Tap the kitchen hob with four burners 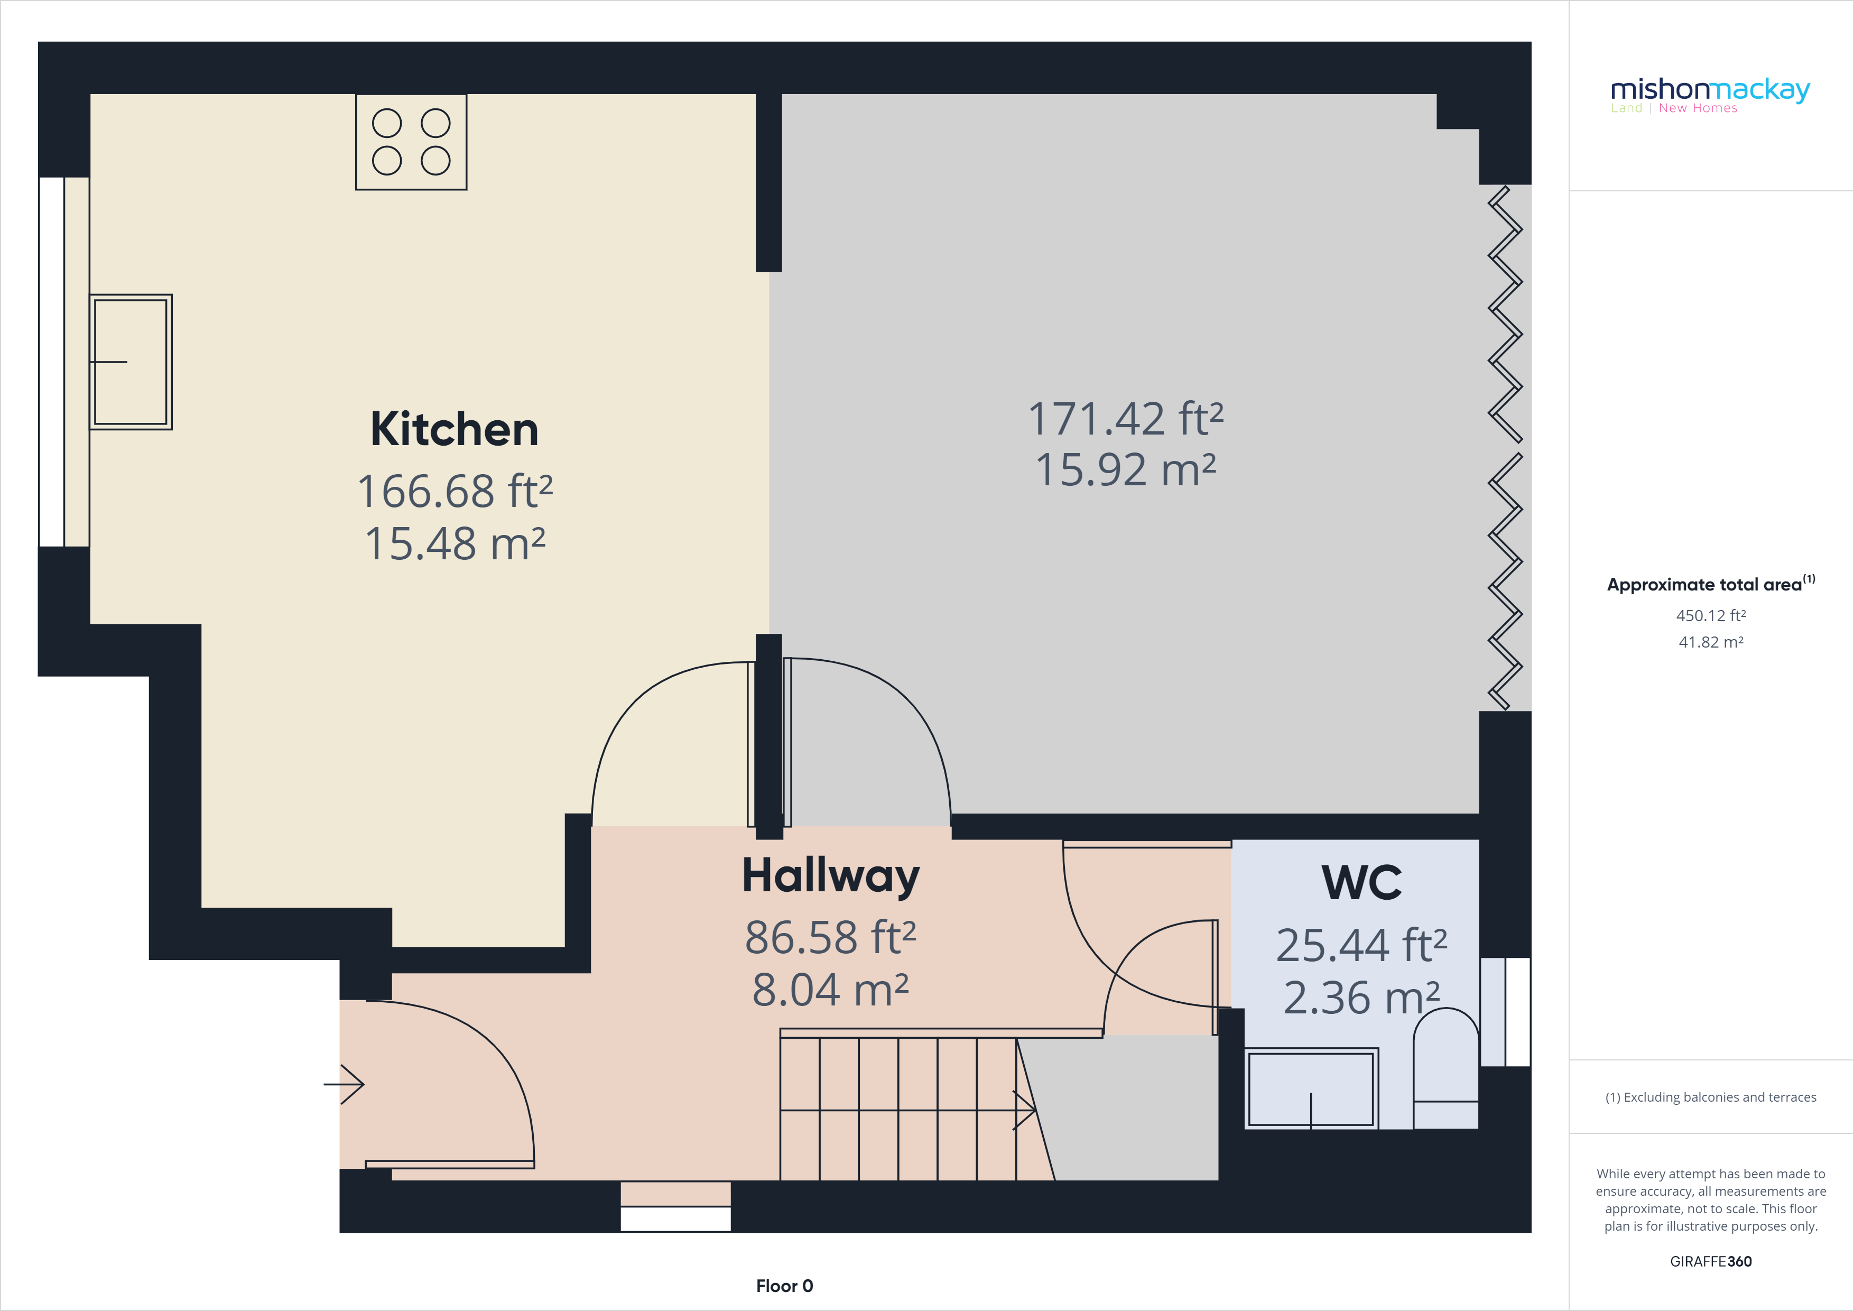click(411, 142)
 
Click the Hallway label click(830, 876)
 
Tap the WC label click(1361, 883)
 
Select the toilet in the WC click(1445, 1070)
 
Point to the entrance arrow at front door click(345, 1084)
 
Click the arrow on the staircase click(1023, 1110)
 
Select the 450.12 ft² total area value click(1710, 615)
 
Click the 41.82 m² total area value click(1710, 642)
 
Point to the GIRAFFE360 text click(1710, 1261)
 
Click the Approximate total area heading click(1710, 584)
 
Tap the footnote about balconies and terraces click(1710, 1097)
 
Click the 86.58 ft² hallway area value click(830, 938)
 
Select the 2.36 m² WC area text click(1361, 999)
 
